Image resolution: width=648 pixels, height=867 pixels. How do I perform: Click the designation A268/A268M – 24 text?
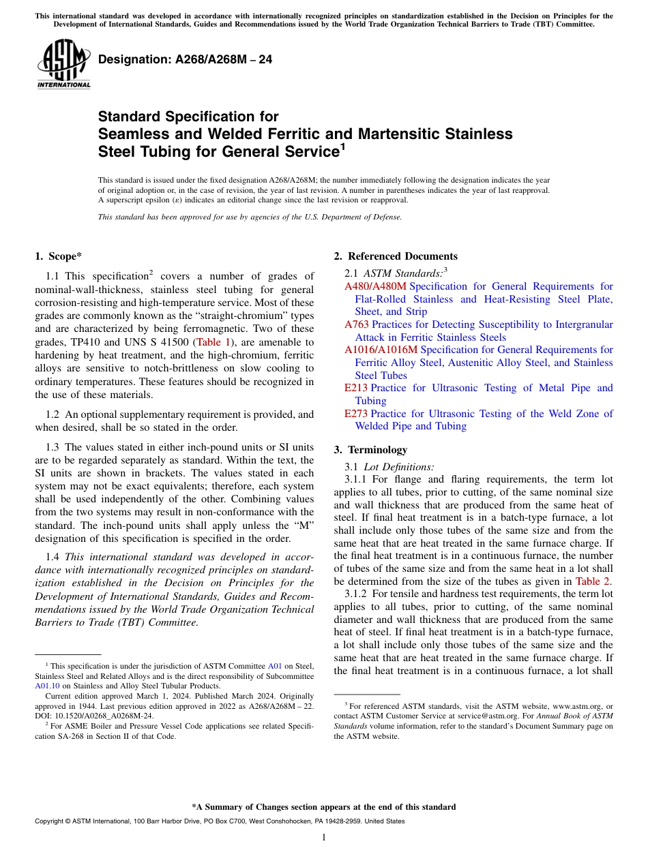tap(185, 60)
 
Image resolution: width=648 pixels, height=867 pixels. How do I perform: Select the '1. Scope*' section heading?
tap(58, 256)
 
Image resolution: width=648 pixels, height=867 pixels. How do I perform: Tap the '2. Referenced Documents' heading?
tap(396, 256)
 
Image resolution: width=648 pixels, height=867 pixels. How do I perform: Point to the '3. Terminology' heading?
tap(370, 450)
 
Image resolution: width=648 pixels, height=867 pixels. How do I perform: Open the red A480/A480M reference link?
tap(375, 286)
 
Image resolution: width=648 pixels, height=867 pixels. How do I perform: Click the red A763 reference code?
tap(357, 324)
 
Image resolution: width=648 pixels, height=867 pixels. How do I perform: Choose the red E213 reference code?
tap(356, 388)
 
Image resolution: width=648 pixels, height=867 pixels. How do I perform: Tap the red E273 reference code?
tap(356, 414)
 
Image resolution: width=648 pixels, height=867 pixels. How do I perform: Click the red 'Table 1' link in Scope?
tap(213, 342)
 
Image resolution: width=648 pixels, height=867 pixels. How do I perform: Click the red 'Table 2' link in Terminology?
tap(593, 581)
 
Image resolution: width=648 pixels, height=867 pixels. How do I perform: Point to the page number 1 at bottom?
tap(324, 838)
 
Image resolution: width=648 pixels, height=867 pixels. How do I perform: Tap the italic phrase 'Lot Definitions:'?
tap(398, 467)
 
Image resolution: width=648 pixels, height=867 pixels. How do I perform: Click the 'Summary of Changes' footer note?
tap(324, 807)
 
